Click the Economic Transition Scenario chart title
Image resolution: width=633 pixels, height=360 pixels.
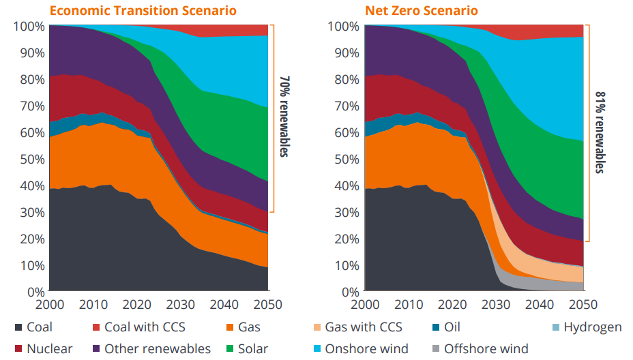pos(144,10)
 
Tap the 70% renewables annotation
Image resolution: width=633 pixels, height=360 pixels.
pos(284,116)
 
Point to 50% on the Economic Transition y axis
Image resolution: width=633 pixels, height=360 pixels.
pos(30,159)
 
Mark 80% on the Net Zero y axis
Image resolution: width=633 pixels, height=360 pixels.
pos(346,79)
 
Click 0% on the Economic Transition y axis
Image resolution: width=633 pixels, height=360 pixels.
pos(34,292)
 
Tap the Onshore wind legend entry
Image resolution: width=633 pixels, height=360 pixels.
pos(359,349)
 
